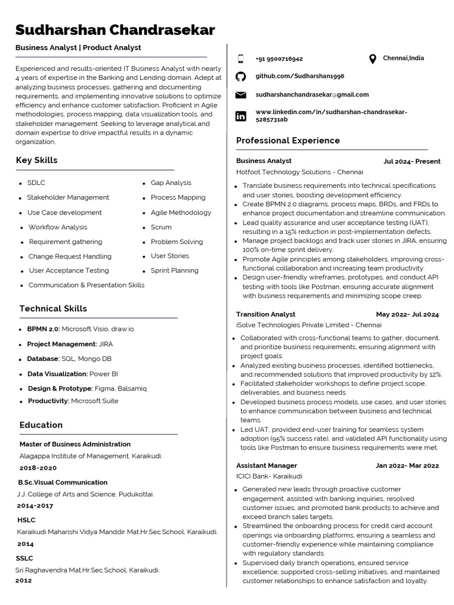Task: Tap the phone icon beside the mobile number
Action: (x=241, y=58)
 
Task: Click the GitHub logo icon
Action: (x=241, y=77)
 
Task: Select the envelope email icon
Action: (x=241, y=95)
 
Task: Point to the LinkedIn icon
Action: (x=241, y=116)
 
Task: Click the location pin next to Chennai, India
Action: (x=372, y=58)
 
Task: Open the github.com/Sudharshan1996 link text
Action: (x=299, y=77)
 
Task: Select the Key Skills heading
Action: (x=37, y=160)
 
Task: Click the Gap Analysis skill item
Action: (x=171, y=183)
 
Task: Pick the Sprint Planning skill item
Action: (x=174, y=271)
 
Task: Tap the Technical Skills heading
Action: (x=53, y=308)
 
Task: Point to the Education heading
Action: (x=41, y=425)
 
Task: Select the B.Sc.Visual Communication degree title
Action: (x=63, y=482)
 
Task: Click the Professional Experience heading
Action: (x=288, y=141)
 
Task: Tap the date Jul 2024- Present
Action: (x=411, y=161)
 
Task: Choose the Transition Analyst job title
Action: (x=265, y=314)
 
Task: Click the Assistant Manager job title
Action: (x=267, y=466)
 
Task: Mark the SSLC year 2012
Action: (x=24, y=581)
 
